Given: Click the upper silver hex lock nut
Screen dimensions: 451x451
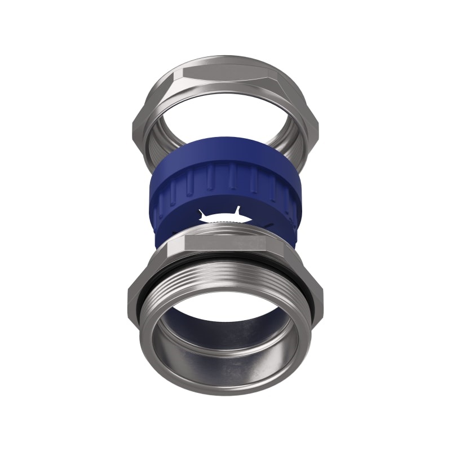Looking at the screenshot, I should tap(169, 90).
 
